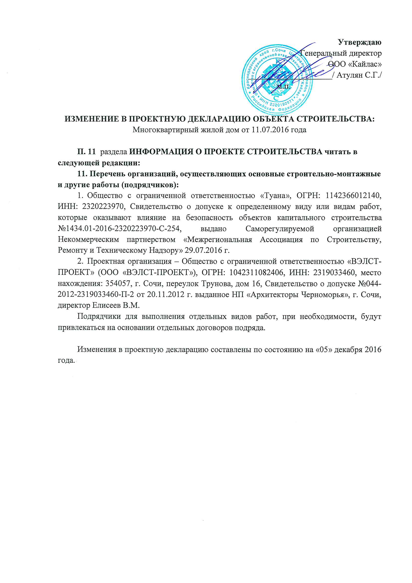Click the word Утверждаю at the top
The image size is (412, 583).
pos(359,42)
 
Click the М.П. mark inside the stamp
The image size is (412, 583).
pos(283,87)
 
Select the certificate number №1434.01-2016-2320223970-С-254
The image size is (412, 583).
pos(120,228)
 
